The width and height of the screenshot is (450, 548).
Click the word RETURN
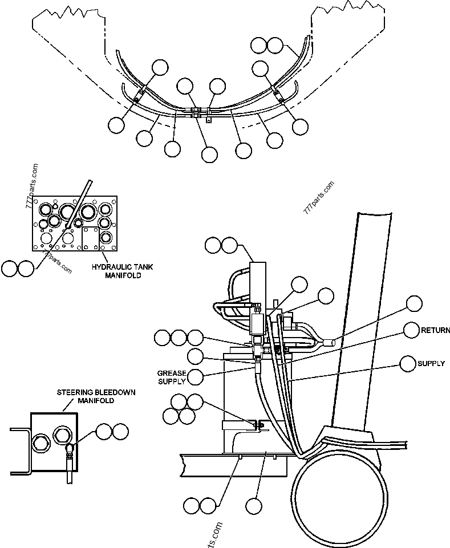[x=436, y=330]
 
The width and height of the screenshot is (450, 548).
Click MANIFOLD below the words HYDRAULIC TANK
[x=122, y=275]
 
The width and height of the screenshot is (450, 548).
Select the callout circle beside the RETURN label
[x=412, y=330]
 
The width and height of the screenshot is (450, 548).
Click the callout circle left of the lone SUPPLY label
[x=408, y=363]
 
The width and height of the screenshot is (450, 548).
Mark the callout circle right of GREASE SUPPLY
[x=195, y=376]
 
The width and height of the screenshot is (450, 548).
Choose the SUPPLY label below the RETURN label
[x=431, y=363]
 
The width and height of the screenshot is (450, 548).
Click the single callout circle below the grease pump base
[x=254, y=505]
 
